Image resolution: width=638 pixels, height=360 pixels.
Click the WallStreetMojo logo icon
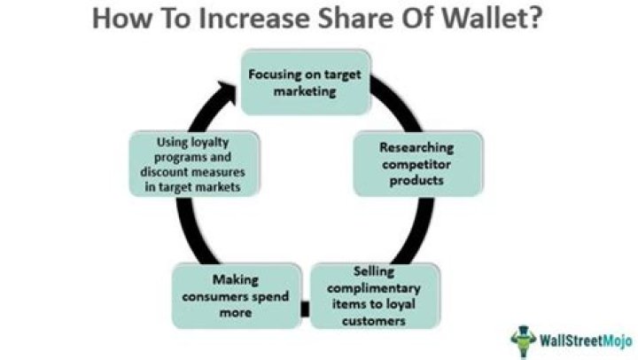[524, 338]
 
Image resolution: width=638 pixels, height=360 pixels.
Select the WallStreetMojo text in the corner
[579, 338]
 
